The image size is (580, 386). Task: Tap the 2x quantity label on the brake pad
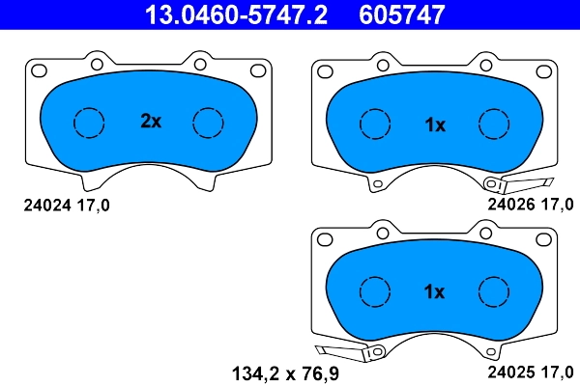pos(150,123)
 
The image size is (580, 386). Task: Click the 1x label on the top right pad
pos(435,124)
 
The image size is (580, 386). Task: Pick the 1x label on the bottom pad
pos(434,291)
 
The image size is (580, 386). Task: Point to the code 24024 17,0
pos(66,205)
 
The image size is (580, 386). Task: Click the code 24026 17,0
pos(531,205)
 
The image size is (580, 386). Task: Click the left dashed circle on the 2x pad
pos(89,123)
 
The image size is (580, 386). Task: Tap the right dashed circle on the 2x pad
pos(209,123)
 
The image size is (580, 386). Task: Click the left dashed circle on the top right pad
pos(375,124)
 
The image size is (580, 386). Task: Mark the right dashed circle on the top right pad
pos(495,124)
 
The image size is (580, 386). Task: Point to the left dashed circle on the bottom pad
pos(375,291)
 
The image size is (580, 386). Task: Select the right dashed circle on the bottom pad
pos(495,291)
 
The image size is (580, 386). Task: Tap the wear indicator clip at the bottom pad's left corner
pos(335,353)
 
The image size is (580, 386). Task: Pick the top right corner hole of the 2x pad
pos(259,69)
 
